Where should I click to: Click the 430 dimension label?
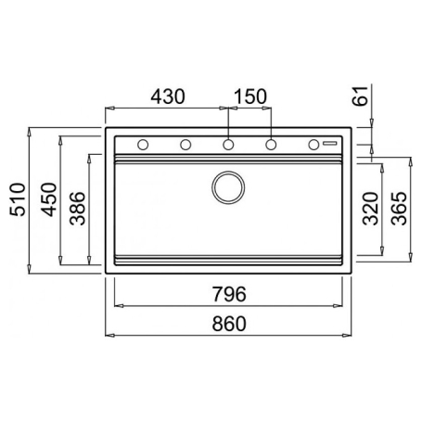pyautogui.click(x=168, y=96)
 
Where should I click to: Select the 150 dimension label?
pyautogui.click(x=250, y=96)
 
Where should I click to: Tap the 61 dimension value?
pyautogui.click(x=361, y=96)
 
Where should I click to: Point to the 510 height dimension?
pyautogui.click(x=18, y=199)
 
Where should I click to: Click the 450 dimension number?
pyautogui.click(x=49, y=199)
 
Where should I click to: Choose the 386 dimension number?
pyautogui.click(x=77, y=209)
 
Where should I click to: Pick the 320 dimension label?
pyautogui.click(x=371, y=209)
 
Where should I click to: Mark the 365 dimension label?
pyautogui.click(x=399, y=209)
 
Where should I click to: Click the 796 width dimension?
pyautogui.click(x=229, y=294)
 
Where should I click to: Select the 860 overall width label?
pyautogui.click(x=229, y=324)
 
